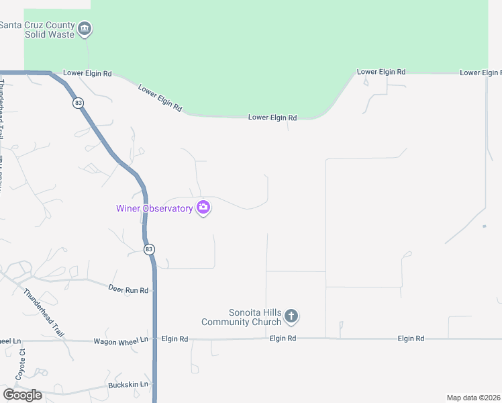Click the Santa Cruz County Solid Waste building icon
point(85,29)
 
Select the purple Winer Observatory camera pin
point(203,208)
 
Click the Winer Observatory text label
point(154,208)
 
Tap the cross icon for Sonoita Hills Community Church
point(291,316)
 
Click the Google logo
point(22,395)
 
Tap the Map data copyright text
point(474,398)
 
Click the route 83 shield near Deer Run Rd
point(149,249)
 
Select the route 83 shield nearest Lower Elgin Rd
point(79,103)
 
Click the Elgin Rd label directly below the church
point(283,339)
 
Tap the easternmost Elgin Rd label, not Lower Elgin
point(411,339)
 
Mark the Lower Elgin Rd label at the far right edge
point(481,73)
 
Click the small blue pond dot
point(484,226)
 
